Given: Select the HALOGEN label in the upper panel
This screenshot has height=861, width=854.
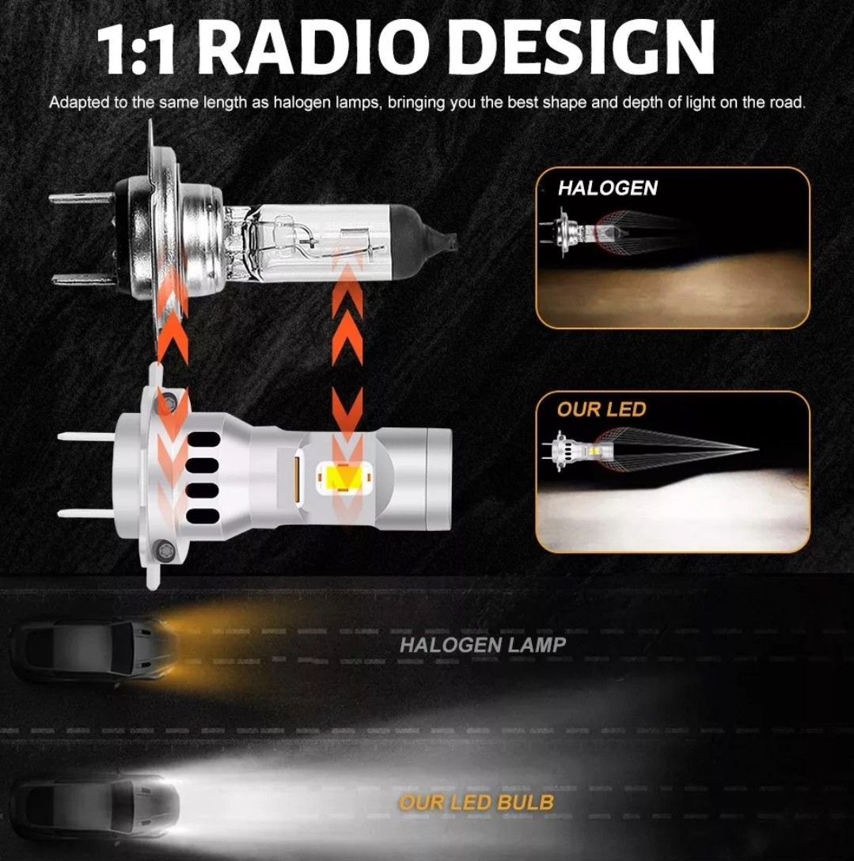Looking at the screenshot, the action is [x=607, y=188].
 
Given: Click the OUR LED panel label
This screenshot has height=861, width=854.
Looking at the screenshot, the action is [x=602, y=410].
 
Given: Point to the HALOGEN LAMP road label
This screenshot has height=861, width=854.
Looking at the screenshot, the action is [x=482, y=645].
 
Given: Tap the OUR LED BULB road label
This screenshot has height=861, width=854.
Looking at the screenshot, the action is [x=476, y=802].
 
